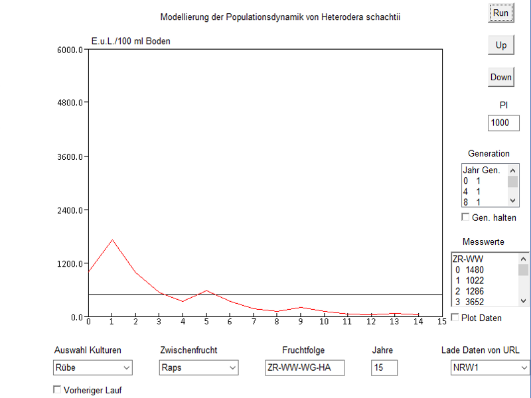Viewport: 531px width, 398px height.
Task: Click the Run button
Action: coord(500,13)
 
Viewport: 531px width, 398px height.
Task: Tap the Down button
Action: coord(500,77)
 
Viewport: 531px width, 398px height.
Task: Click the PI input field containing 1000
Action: coord(503,123)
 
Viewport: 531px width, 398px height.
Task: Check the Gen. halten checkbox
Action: coord(465,218)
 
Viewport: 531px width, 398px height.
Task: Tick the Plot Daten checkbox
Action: coord(455,318)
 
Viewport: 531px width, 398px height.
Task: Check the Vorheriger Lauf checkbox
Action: coord(57,390)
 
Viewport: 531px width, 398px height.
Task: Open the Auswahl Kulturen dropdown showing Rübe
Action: coord(92,367)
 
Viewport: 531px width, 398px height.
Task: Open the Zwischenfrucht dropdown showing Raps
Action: coord(198,367)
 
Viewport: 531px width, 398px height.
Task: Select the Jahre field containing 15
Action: coord(384,367)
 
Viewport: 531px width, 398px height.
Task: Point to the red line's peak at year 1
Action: coord(112,239)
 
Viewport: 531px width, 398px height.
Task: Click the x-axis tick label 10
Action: coord(324,322)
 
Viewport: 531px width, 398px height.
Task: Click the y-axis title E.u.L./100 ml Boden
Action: coord(130,41)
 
